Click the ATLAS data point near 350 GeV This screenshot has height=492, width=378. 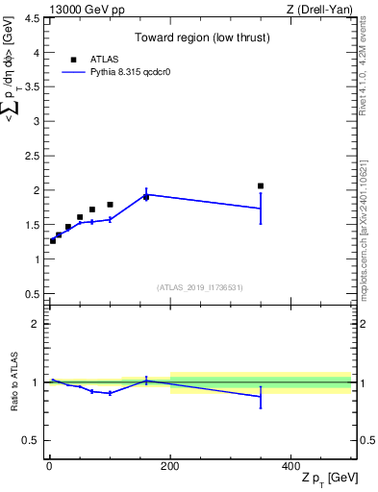pyautogui.click(x=261, y=185)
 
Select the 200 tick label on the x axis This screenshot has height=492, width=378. pyautogui.click(x=170, y=464)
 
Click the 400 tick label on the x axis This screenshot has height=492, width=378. pyautogui.click(x=291, y=464)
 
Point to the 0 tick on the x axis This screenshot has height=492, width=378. pyautogui.click(x=49, y=464)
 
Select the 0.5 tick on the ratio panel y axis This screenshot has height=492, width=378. pyautogui.click(x=32, y=440)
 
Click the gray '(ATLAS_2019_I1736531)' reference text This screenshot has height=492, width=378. pyautogui.click(x=200, y=287)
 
